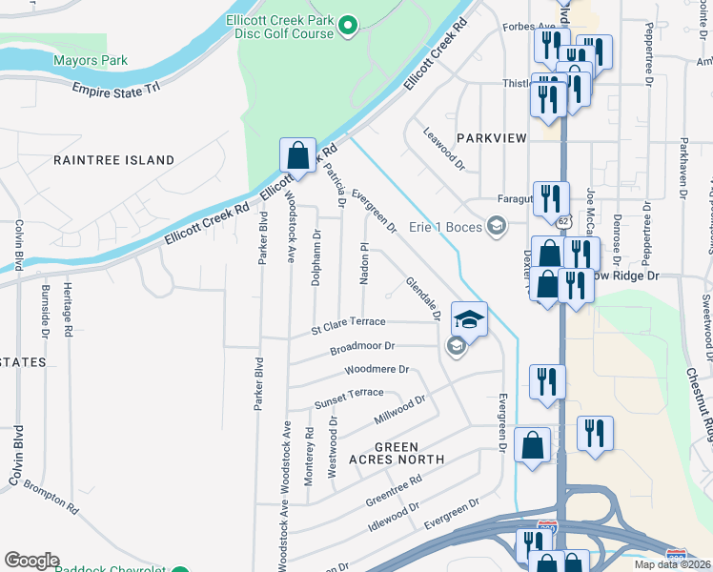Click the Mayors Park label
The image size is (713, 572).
point(90,60)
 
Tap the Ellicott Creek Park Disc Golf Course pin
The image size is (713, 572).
point(348,26)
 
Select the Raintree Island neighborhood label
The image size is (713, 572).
point(113,160)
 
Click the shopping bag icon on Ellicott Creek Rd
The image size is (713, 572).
point(297,155)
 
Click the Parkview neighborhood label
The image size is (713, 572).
point(491,138)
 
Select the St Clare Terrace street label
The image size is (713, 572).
point(348,326)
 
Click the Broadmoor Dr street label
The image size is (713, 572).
point(362,348)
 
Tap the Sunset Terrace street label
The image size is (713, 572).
point(349,394)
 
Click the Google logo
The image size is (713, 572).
point(31,561)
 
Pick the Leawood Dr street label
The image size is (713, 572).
point(443,150)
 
